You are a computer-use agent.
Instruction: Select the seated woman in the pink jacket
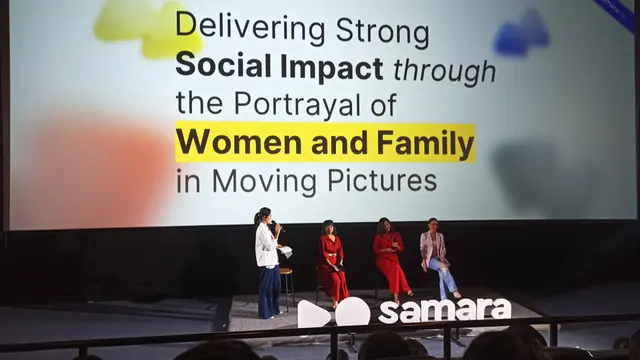[435, 256]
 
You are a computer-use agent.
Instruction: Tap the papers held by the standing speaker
[286, 252]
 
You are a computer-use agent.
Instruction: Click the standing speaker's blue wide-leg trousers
[269, 290]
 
